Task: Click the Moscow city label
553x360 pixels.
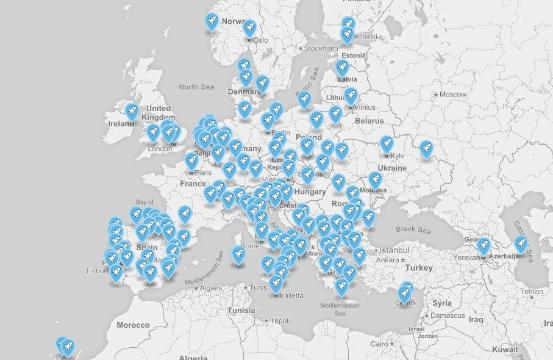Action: pos(452,95)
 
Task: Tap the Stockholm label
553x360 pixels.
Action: pos(321,48)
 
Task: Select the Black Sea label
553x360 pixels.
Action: pos(413,231)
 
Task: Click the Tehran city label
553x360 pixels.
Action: pos(532,292)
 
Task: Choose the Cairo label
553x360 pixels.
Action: pos(379,344)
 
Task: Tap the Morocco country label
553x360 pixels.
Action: pos(133,325)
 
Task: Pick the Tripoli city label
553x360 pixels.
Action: pos(280,320)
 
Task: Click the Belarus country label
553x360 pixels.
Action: pos(369,121)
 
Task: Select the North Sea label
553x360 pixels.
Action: pos(196,87)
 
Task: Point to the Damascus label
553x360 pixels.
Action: pos(447,316)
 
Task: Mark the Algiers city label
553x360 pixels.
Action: pos(212,287)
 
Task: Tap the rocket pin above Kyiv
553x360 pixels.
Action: pos(387,144)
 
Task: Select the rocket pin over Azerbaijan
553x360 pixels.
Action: pos(521,244)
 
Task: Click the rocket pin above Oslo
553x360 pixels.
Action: pos(249,27)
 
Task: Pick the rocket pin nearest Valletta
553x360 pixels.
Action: pos(276,283)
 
